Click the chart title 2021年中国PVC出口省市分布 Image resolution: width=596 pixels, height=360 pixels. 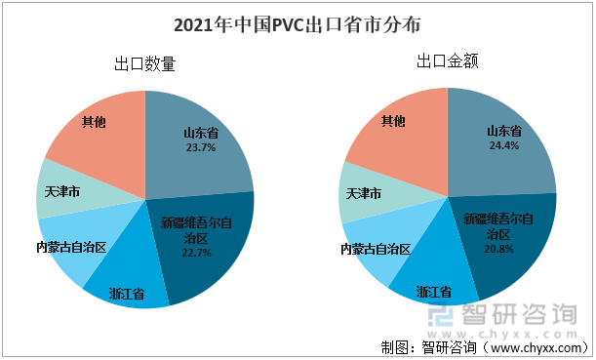click(298, 21)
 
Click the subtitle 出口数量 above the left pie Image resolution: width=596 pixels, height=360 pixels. click(144, 65)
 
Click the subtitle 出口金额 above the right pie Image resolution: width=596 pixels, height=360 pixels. click(447, 61)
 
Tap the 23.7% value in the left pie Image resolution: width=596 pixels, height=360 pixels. click(200, 148)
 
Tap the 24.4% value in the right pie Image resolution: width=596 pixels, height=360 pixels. click(503, 145)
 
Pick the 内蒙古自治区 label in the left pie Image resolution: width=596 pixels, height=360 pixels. click(70, 247)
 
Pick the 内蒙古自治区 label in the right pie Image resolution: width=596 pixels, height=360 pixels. click(374, 249)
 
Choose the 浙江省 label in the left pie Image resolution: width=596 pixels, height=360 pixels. click(127, 293)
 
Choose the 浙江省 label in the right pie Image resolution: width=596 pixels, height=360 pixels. click(434, 291)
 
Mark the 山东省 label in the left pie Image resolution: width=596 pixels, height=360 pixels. click(200, 133)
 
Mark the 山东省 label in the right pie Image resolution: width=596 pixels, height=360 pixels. click(503, 130)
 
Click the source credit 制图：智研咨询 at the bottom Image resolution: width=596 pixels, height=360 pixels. click(420, 347)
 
